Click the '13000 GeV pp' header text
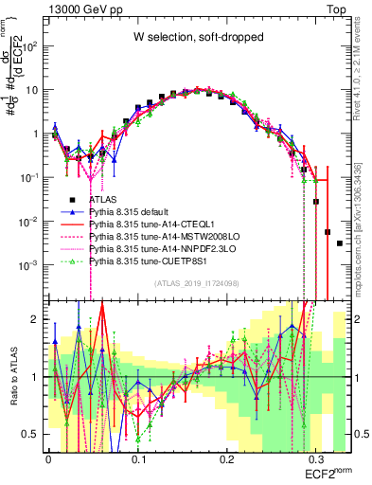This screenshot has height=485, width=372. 85,8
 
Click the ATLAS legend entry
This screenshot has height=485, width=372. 105,200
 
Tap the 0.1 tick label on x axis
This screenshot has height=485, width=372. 138,456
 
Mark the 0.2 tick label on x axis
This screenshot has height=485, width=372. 228,456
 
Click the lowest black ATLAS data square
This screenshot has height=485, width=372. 339,243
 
